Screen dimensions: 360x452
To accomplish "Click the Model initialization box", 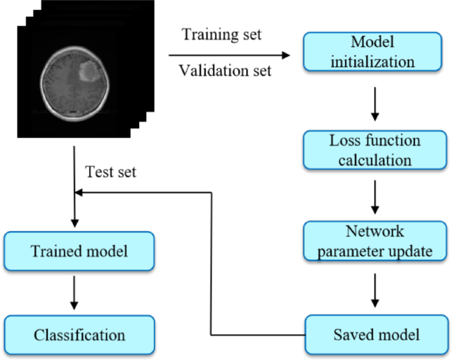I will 373,53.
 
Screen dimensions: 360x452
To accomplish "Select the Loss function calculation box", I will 373,150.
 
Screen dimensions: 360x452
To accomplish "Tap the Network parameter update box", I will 373,242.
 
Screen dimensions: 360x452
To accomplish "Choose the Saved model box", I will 373,334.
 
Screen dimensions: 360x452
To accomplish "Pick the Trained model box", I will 79,251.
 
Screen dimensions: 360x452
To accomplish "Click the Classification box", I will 79,334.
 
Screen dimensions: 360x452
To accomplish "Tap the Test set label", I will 110,173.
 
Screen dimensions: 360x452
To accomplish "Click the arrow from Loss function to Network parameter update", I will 374,196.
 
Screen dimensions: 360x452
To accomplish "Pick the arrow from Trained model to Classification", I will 74,293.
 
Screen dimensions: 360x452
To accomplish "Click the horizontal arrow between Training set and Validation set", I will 231,54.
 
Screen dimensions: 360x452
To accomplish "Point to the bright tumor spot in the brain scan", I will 88,71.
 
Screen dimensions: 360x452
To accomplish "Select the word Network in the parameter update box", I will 373,233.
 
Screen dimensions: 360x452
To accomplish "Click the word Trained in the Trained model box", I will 55,251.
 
